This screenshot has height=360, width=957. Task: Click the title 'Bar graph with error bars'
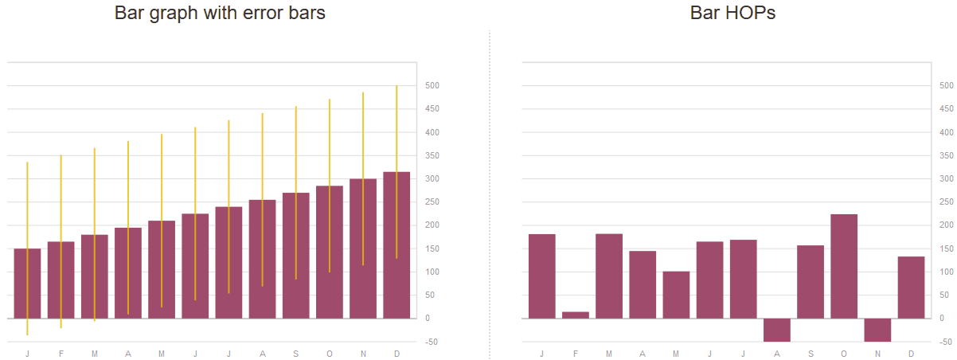(x=220, y=14)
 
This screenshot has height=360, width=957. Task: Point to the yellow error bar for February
(x=61, y=199)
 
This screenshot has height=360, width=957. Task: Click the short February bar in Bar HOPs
(x=576, y=315)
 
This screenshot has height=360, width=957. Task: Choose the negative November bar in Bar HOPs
(x=877, y=330)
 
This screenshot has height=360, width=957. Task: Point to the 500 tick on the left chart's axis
(x=432, y=85)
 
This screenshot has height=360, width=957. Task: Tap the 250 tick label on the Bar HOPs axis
(x=946, y=202)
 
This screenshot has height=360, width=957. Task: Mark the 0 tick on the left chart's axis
(x=428, y=319)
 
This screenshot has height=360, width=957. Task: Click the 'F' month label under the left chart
(x=61, y=353)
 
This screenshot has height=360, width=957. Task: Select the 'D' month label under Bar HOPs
(x=911, y=353)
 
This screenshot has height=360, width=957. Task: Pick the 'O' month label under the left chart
(x=330, y=353)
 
